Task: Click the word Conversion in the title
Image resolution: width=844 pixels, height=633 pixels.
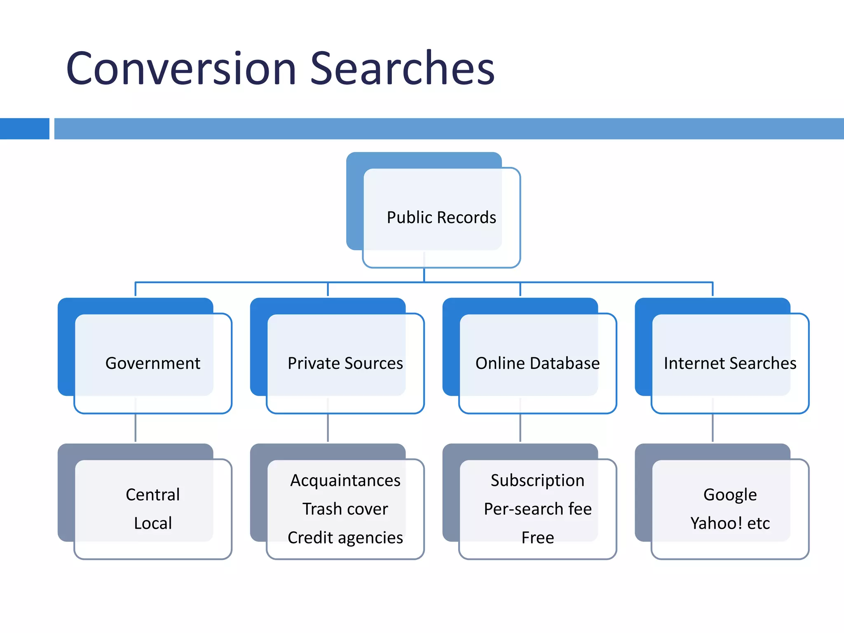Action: point(181,68)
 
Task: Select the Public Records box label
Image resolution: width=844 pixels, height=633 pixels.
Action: point(441,218)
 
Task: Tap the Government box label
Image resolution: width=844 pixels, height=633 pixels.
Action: point(153,363)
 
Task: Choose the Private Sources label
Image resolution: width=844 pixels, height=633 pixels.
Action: point(345,363)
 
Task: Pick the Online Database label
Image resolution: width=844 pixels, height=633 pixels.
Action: point(537,363)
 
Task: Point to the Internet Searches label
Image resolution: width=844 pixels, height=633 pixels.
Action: point(730,363)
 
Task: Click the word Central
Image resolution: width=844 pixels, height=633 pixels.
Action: point(153,495)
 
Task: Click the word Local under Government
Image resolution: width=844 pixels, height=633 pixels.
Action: point(153,523)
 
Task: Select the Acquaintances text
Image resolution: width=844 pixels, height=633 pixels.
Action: point(345,481)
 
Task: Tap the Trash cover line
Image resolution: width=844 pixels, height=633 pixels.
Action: point(345,509)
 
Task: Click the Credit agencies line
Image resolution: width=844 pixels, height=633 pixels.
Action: point(345,538)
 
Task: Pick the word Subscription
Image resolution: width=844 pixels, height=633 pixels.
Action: point(537,481)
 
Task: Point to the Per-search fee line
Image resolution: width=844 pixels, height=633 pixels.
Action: point(537,509)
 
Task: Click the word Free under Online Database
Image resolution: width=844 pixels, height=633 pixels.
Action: point(537,538)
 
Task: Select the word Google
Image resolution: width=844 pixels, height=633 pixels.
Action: point(730,495)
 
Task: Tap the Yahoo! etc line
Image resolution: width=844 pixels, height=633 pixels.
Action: point(730,523)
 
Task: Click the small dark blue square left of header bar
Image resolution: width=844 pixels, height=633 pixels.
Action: point(24,129)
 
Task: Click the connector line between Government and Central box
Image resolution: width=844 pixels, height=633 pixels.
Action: point(136,429)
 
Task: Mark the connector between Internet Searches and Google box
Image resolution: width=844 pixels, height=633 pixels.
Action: point(713,429)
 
